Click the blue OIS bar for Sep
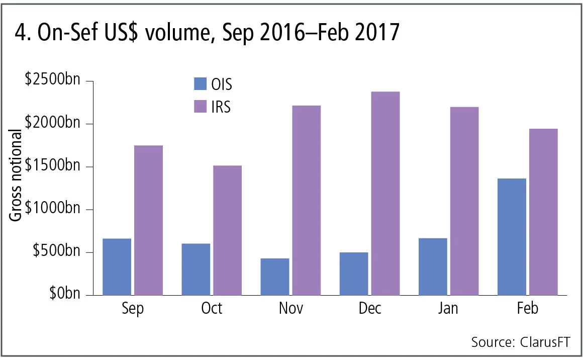[x=117, y=266]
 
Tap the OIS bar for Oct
[x=196, y=269]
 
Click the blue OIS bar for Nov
[x=275, y=277]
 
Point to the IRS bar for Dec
[x=384, y=193]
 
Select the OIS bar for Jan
[x=433, y=266]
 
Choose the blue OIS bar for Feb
[x=512, y=236]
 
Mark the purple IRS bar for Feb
[x=543, y=212]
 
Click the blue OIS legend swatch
[x=200, y=84]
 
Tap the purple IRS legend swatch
[x=200, y=107]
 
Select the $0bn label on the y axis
[x=65, y=294]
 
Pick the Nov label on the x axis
[x=291, y=308]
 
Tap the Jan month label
[x=448, y=308]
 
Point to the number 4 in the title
[x=20, y=33]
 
